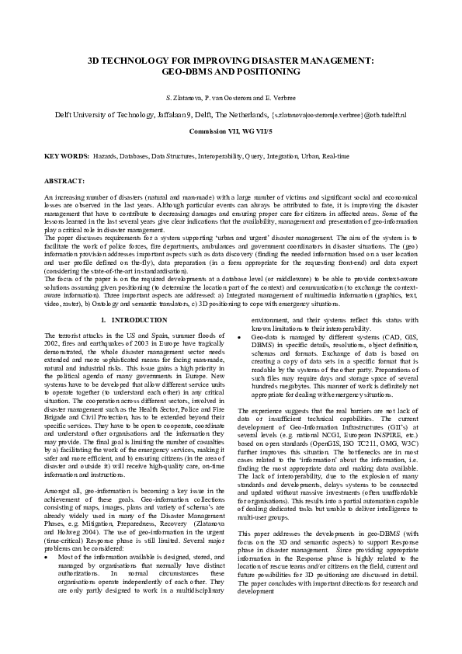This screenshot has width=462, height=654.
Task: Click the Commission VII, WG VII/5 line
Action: click(x=231, y=132)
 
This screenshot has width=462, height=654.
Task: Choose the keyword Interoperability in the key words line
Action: click(x=221, y=156)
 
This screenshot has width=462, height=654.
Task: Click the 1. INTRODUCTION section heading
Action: click(x=134, y=319)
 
